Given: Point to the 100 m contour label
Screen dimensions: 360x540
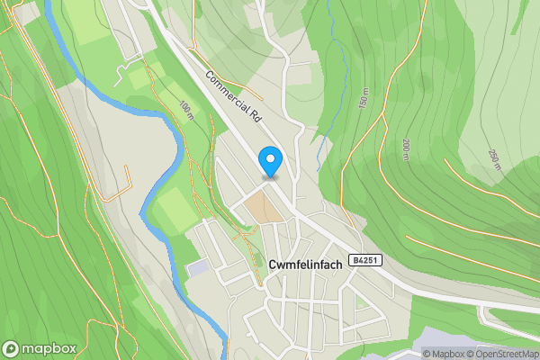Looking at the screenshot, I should pyautogui.click(x=186, y=112).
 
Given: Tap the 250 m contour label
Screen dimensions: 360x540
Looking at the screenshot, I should pyautogui.click(x=494, y=159).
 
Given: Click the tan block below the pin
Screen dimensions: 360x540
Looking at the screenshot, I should pyautogui.click(x=262, y=207).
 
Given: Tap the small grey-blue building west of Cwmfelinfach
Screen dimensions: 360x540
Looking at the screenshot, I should pyautogui.click(x=196, y=268).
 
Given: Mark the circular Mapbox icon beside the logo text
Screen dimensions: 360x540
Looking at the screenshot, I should pyautogui.click(x=11, y=348).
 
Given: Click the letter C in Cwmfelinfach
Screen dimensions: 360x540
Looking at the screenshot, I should pyautogui.click(x=273, y=265).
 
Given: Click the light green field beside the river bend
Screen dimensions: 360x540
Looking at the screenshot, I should pyautogui.click(x=171, y=209).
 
